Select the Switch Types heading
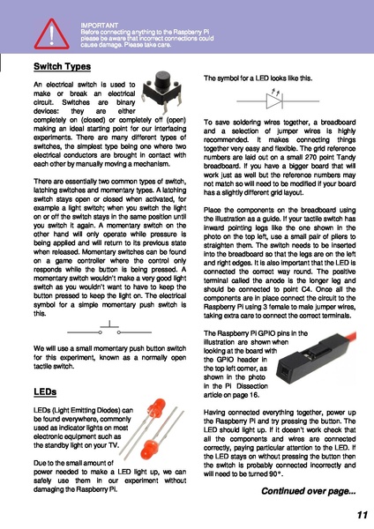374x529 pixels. click(x=62, y=67)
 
